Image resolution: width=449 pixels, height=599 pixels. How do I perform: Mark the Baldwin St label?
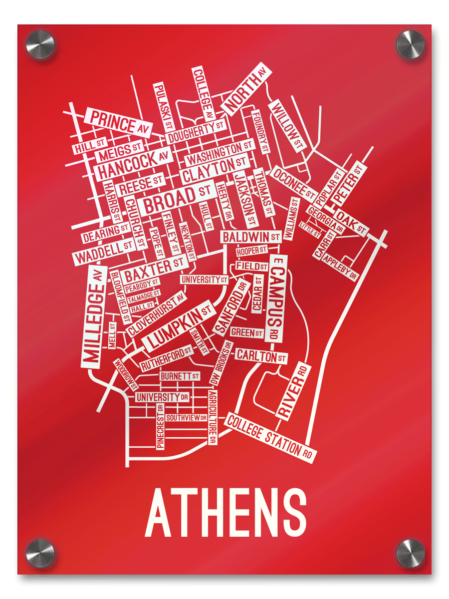pyautogui.click(x=251, y=236)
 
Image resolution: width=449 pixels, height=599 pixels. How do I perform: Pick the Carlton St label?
pyautogui.click(x=260, y=356)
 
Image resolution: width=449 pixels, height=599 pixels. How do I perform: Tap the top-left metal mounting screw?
pyautogui.click(x=40, y=44)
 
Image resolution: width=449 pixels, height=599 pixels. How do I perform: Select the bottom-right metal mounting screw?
pyautogui.click(x=410, y=553)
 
